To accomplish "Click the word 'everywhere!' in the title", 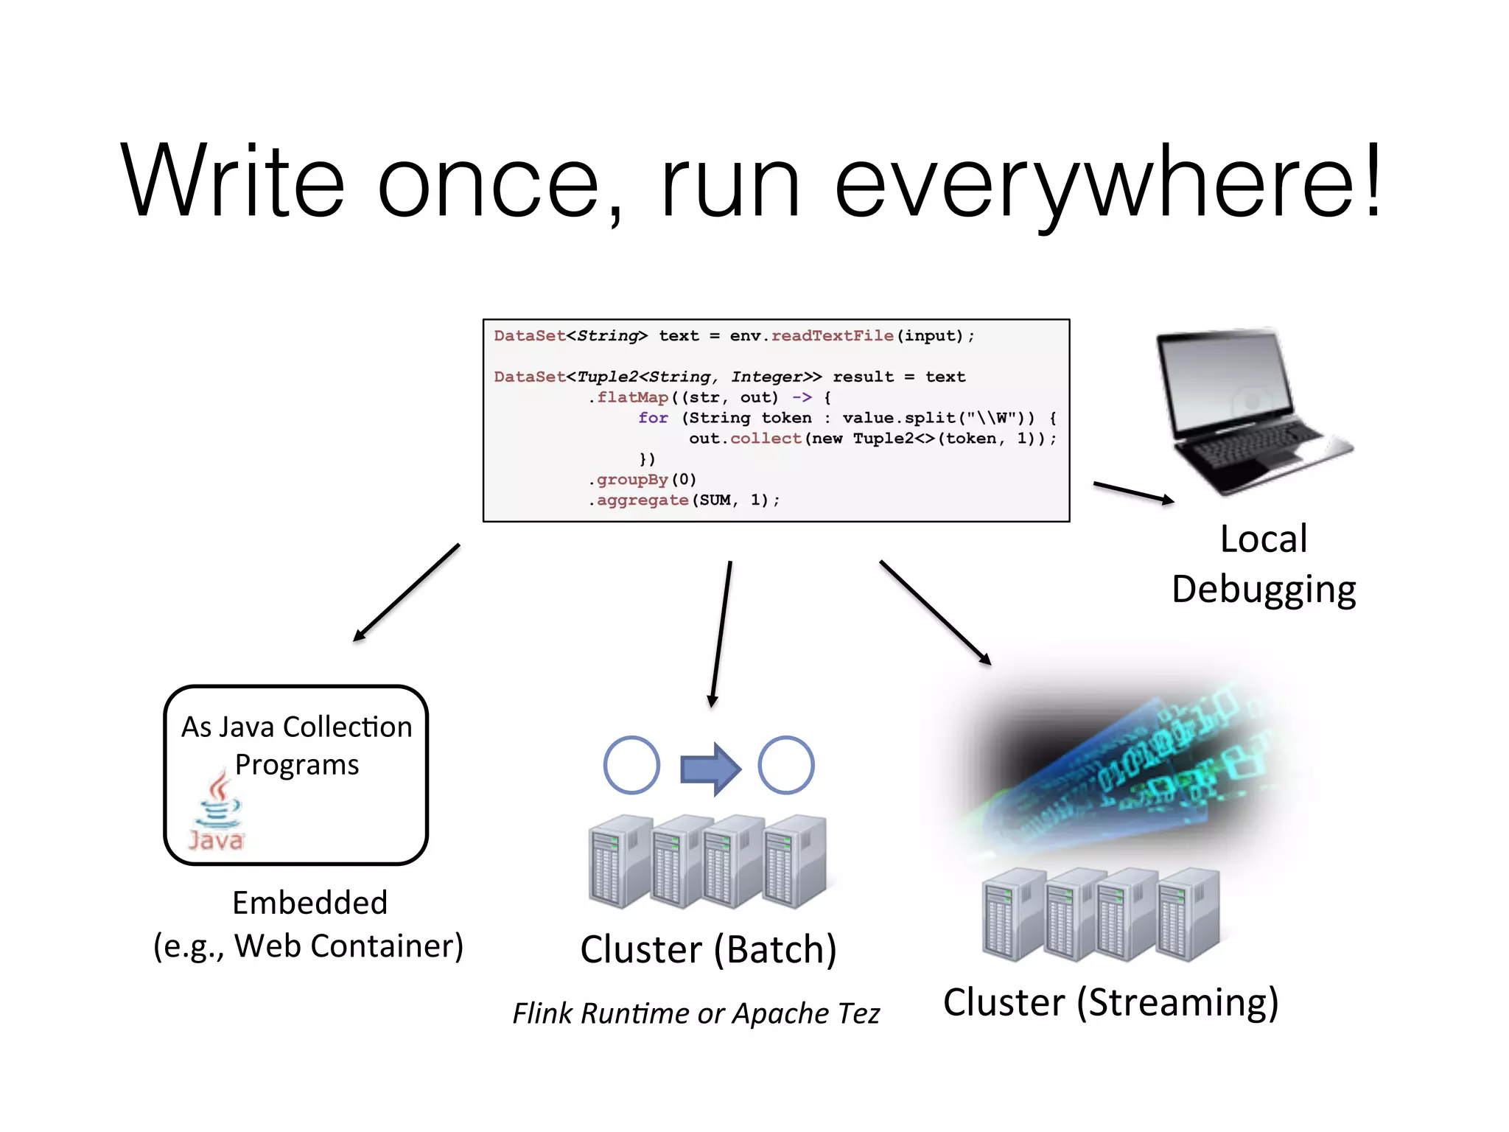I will tap(1109, 182).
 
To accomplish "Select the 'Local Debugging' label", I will tap(1264, 564).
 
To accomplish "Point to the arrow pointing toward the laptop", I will tap(1133, 492).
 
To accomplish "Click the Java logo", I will tap(217, 811).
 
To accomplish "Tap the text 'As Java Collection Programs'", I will tap(297, 745).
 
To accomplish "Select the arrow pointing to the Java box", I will tap(407, 593).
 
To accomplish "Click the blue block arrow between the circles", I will tap(710, 768).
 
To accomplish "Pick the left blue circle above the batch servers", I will tap(631, 765).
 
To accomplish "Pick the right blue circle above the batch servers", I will tap(786, 765).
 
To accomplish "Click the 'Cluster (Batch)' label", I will tap(708, 949).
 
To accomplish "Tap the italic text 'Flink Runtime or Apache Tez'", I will tap(696, 1013).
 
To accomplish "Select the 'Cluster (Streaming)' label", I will tap(1110, 1002).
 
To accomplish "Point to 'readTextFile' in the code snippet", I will tap(832, 336).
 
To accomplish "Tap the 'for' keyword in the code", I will tap(653, 418).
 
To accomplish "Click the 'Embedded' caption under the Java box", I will tap(309, 903).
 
